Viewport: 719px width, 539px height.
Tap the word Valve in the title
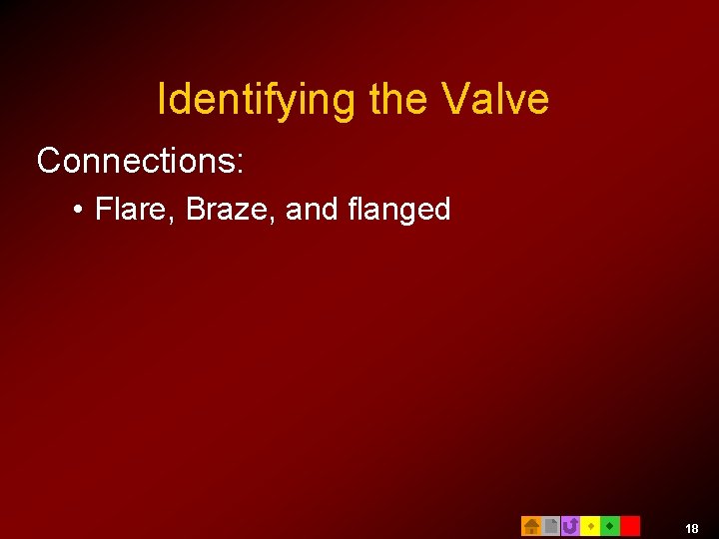click(x=496, y=100)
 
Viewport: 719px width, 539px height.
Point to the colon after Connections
click(x=239, y=163)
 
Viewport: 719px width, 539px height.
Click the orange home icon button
click(x=531, y=525)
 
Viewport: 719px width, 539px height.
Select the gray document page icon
click(x=550, y=525)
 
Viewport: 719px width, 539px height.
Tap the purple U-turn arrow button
click(x=570, y=525)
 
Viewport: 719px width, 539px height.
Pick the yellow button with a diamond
click(x=590, y=525)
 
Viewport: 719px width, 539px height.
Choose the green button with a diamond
click(x=609, y=525)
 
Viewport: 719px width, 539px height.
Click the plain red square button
click(x=629, y=525)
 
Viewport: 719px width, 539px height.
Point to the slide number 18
click(x=692, y=527)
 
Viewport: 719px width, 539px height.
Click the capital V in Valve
click(x=454, y=100)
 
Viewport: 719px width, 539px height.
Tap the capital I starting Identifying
click(x=163, y=100)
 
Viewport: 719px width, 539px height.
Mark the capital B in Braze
click(x=196, y=209)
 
